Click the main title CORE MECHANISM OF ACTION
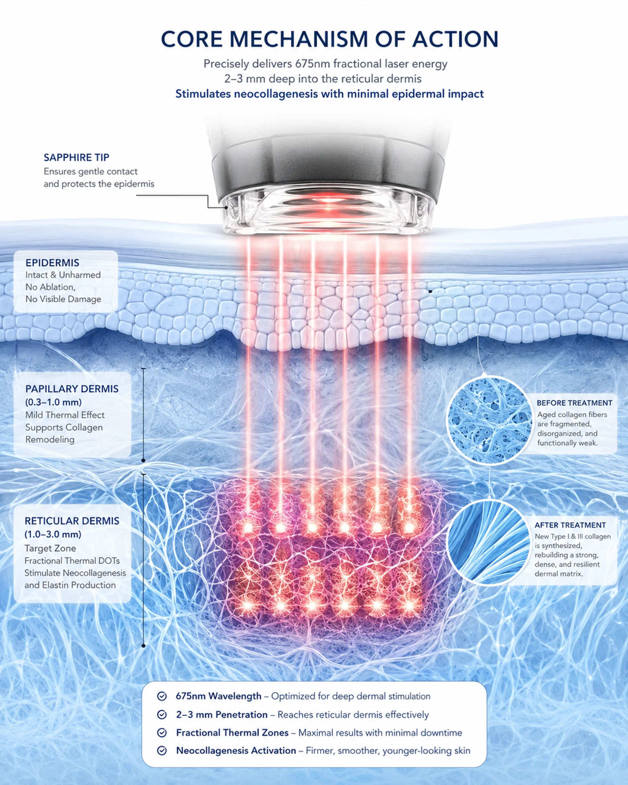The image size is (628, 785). [x=329, y=39]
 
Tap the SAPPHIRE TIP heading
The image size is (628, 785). [x=76, y=157]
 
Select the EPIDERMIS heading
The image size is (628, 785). [x=53, y=263]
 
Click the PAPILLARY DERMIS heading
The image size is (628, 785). [x=72, y=389]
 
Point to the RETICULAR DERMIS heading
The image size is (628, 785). [x=72, y=521]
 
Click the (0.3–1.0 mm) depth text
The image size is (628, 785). [x=53, y=402]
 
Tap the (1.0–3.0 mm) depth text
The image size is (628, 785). [x=53, y=534]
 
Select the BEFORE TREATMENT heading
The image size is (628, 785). [x=574, y=403]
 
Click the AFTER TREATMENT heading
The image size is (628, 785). [x=570, y=525]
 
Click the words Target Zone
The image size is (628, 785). [x=50, y=548]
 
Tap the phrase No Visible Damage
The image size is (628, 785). [x=63, y=299]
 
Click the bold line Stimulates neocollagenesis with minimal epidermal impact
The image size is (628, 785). [x=330, y=94]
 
